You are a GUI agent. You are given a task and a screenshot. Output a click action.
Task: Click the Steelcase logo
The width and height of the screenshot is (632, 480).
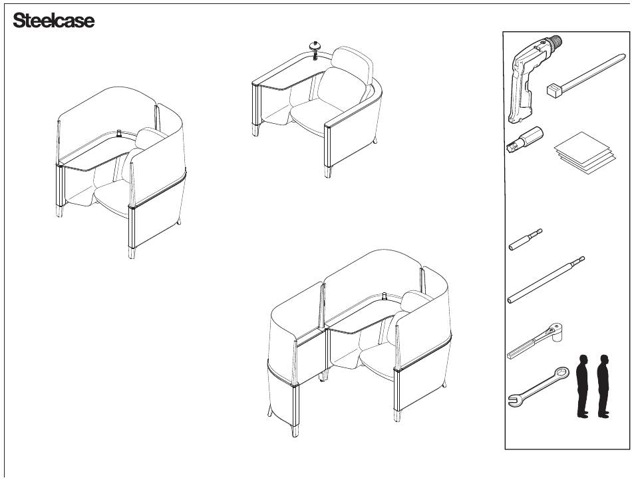click(54, 20)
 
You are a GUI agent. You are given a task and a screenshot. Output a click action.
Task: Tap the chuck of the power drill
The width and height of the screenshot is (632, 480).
click(555, 41)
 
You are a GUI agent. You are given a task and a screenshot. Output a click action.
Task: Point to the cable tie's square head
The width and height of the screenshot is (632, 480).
click(553, 90)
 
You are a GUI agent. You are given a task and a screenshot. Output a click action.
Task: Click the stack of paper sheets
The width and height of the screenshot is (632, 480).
click(585, 152)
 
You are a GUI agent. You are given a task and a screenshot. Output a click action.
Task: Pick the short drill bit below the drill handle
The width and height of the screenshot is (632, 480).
click(524, 139)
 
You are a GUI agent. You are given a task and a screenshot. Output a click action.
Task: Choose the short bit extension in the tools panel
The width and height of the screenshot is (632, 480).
click(525, 240)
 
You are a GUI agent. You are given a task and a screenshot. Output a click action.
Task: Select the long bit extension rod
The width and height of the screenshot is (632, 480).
click(546, 280)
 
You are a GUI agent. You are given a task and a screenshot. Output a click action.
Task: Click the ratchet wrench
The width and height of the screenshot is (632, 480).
click(535, 341)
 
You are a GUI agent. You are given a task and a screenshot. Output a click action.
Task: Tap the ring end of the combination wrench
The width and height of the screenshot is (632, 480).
click(561, 373)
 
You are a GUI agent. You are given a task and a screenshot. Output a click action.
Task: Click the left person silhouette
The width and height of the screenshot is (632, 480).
click(582, 386)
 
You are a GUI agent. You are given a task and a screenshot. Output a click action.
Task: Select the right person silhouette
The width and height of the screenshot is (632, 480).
click(603, 386)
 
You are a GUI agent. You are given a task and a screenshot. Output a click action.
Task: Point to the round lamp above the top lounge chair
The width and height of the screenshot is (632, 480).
click(315, 49)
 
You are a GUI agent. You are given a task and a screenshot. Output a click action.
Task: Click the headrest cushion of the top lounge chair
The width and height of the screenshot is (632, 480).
click(351, 63)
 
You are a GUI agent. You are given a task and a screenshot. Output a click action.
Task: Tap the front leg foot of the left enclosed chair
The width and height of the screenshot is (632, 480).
click(132, 253)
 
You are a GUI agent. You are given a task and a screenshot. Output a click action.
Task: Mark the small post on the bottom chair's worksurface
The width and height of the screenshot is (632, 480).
click(384, 296)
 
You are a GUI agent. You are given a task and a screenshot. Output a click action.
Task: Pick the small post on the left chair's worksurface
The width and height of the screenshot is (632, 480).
click(119, 132)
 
